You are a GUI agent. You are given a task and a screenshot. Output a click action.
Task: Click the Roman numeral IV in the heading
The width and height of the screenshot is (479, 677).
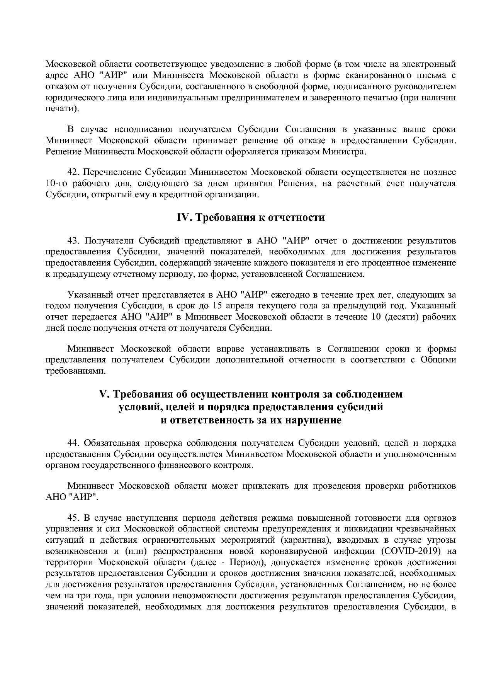pyautogui.click(x=184, y=218)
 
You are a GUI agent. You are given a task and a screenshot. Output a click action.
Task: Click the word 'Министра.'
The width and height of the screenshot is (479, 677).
pyautogui.click(x=346, y=151)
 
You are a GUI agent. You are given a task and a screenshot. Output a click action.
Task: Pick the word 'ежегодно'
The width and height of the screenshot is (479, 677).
pyautogui.click(x=288, y=295)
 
